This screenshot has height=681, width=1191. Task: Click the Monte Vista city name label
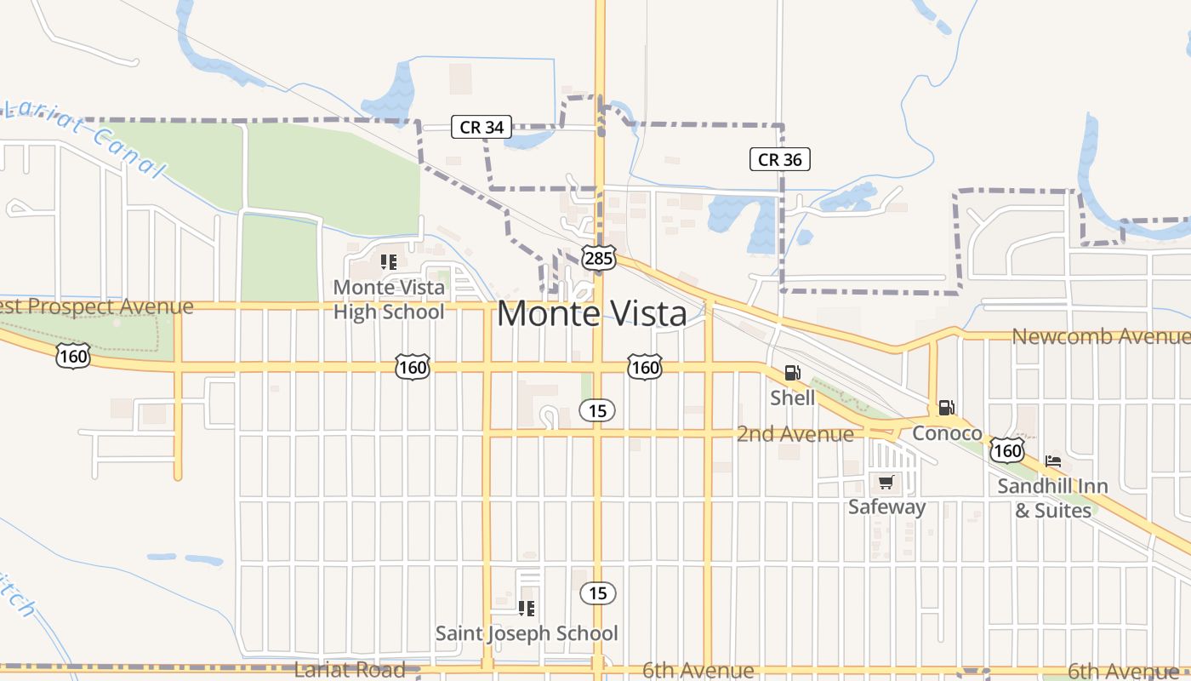591,314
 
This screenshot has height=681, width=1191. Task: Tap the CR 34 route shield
482,128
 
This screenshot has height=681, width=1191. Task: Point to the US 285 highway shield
598,257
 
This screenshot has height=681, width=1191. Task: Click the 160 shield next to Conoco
1007,449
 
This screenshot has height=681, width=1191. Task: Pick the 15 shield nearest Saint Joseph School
598,592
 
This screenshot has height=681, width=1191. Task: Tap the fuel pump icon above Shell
792,373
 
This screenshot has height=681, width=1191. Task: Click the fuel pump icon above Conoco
946,408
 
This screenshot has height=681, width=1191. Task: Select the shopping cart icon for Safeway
886,483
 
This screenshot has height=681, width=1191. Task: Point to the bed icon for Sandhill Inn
1053,461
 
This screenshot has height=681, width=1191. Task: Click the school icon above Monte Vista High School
389,262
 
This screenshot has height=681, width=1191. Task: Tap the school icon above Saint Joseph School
527,608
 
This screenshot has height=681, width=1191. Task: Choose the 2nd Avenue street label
795,434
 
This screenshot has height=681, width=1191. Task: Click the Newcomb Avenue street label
1099,336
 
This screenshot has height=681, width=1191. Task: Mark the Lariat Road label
350,670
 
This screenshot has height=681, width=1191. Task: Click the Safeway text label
886,507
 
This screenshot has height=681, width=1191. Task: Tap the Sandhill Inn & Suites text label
1052,499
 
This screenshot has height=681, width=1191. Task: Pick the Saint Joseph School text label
527,633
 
